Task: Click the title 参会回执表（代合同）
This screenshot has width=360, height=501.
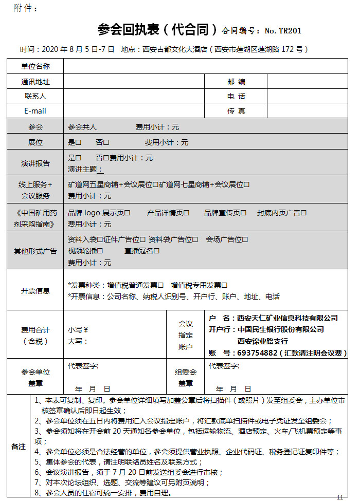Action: click(158, 29)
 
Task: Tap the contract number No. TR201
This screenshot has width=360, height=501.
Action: click(283, 31)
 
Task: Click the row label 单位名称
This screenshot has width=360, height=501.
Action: click(35, 66)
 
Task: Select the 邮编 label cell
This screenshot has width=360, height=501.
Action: click(236, 82)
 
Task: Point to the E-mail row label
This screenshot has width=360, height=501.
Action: click(35, 111)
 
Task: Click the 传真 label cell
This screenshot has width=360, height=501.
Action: click(236, 111)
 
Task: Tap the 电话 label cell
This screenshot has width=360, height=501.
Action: click(236, 96)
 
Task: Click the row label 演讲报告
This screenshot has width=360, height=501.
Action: click(35, 163)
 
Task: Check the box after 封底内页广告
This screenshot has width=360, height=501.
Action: click(304, 213)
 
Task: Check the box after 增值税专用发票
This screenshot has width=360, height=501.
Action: click(225, 285)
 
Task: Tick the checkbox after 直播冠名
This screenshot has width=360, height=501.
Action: click(157, 251)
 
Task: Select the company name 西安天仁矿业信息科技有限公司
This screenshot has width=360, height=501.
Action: click(286, 318)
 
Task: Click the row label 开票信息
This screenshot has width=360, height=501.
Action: click(35, 291)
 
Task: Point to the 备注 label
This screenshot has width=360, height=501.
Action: click(19, 447)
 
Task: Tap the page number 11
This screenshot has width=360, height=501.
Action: click(340, 497)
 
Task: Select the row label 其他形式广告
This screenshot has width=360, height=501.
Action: click(35, 251)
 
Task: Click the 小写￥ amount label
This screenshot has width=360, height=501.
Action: click(78, 330)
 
